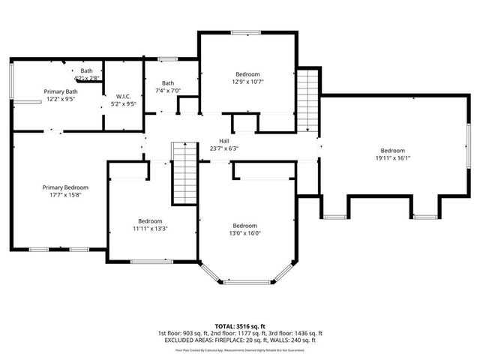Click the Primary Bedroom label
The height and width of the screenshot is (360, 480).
point(65,187)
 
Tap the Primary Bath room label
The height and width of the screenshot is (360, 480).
point(61,91)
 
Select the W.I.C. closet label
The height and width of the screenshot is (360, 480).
point(124,96)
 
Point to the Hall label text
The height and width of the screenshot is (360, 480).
point(224,140)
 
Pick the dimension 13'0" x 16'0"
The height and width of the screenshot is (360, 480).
point(244,233)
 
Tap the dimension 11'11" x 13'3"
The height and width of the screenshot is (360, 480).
point(150,229)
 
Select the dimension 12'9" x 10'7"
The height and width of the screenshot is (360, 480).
point(247,82)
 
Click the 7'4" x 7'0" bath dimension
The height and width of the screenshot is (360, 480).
point(168,91)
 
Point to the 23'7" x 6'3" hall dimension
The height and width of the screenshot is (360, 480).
point(224,148)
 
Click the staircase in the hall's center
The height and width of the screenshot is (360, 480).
point(184,174)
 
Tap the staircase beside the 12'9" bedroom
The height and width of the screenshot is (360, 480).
point(307,100)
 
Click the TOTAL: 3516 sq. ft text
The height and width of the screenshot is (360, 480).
point(240,326)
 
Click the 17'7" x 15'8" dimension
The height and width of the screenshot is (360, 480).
point(65,195)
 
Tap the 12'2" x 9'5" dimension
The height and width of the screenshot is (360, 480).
point(61,99)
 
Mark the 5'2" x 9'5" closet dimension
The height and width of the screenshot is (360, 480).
point(124,104)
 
